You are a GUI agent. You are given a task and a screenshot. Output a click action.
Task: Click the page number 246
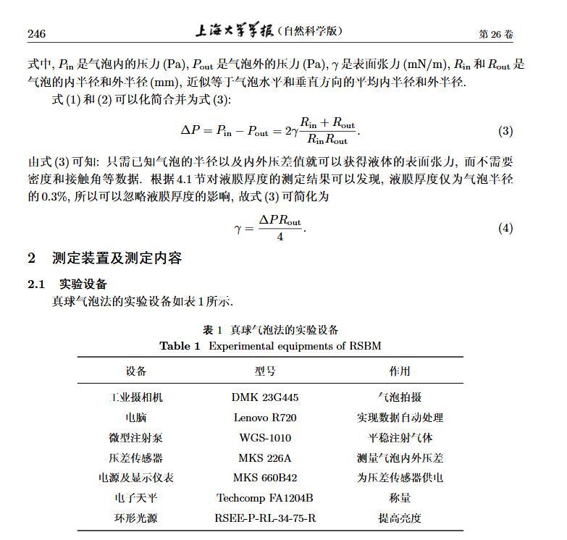(36, 34)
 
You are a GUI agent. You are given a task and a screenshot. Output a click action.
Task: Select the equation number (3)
(505, 131)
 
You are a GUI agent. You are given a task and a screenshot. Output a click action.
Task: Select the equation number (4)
(505, 228)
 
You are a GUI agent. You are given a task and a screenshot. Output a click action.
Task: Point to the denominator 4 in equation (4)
(280, 237)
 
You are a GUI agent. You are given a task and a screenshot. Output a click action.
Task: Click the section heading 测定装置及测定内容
(117, 258)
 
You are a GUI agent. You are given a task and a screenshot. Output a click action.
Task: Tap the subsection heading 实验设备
(83, 284)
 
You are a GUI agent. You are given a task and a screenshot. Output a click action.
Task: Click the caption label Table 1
(180, 346)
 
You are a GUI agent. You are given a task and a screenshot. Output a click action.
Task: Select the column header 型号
(265, 371)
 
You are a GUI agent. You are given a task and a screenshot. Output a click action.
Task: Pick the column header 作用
(400, 371)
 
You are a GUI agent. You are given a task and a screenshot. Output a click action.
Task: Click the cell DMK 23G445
(265, 397)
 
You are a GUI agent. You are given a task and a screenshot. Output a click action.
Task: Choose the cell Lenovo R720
(265, 418)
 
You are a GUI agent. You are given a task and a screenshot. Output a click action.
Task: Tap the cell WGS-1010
(265, 437)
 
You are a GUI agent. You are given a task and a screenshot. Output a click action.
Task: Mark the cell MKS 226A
(265, 457)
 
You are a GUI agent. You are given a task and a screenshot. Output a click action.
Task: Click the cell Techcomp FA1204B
(265, 498)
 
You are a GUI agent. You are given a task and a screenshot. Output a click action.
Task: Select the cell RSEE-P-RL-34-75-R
(265, 518)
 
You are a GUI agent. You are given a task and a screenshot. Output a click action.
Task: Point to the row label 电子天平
(135, 498)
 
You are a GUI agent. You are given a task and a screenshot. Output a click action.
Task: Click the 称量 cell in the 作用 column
(400, 498)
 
